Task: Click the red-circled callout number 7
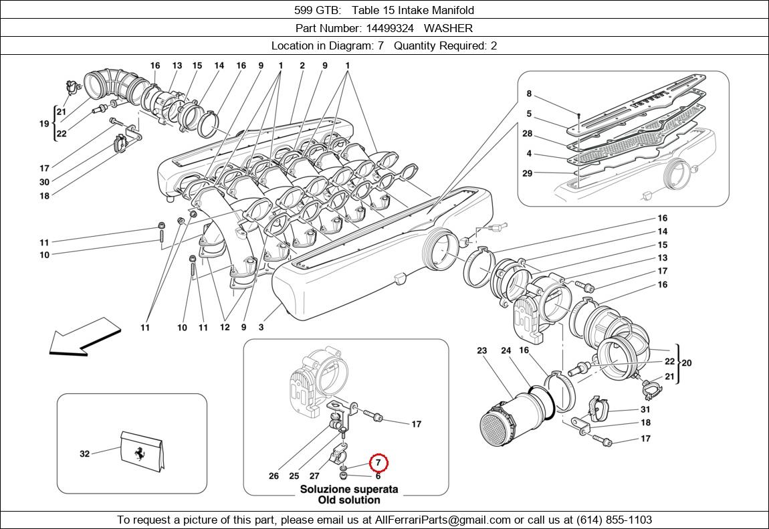tap(378, 463)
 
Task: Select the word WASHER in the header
tap(448, 28)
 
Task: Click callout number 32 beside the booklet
tap(84, 453)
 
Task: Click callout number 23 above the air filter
tap(483, 350)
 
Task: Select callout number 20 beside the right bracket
tap(686, 363)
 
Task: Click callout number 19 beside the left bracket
tap(44, 123)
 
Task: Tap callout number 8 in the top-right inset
tap(529, 94)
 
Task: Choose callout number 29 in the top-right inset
tap(528, 173)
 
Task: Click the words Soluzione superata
tap(348, 489)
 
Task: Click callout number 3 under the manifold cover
tap(261, 328)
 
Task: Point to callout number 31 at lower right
tap(645, 409)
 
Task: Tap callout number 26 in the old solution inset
tap(273, 476)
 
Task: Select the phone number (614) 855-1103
tap(612, 520)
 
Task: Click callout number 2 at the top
tap(302, 66)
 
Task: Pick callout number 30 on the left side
tap(44, 182)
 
